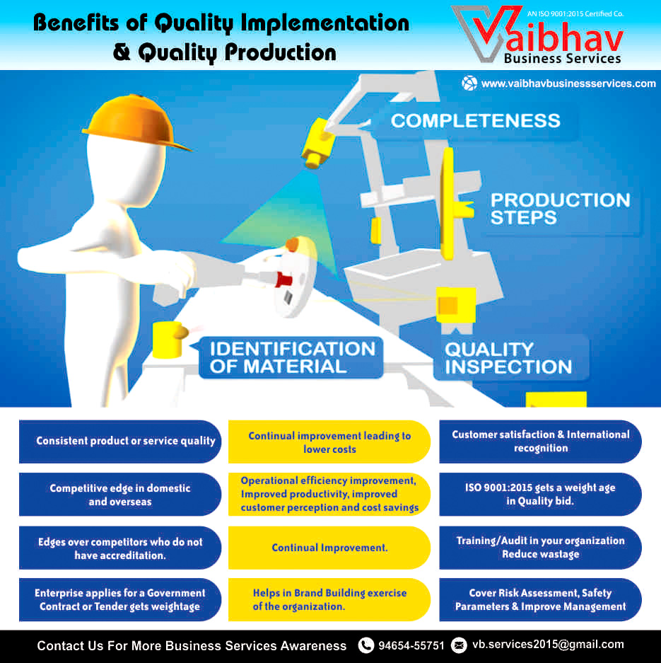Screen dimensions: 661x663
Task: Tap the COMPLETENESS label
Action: point(475,121)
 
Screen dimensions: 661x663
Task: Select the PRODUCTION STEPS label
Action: point(560,209)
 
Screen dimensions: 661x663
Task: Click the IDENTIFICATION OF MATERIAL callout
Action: point(291,358)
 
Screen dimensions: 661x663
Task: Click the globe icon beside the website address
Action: point(469,83)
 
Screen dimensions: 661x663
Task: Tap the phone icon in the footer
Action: point(365,645)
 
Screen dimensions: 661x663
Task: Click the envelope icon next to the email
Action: point(459,645)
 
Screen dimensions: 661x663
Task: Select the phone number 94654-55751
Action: point(411,645)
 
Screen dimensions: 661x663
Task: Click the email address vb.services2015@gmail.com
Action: point(548,645)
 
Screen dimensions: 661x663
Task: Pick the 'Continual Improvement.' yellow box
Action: point(329,548)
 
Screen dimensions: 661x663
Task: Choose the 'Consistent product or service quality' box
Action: point(120,442)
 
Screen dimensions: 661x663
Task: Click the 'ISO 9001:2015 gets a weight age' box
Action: point(540,495)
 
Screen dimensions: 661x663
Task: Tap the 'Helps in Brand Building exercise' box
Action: point(329,599)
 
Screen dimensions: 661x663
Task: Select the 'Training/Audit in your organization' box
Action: point(540,548)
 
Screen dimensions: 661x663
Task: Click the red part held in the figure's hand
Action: point(283,279)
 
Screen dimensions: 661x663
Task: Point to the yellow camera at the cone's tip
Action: point(317,144)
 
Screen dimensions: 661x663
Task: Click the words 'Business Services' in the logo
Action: point(562,58)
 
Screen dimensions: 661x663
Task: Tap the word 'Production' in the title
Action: point(280,52)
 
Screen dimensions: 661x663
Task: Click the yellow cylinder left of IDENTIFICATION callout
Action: point(169,340)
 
